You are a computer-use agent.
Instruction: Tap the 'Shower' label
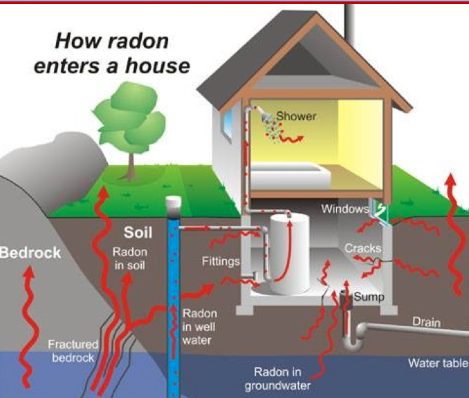(296, 116)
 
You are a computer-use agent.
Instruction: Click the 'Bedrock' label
(30, 252)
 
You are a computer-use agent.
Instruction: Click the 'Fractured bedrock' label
(73, 351)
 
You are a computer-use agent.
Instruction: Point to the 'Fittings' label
(221, 262)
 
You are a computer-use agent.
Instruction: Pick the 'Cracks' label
(363, 247)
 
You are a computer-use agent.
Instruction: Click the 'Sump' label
(369, 296)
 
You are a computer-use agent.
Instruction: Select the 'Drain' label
(426, 322)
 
